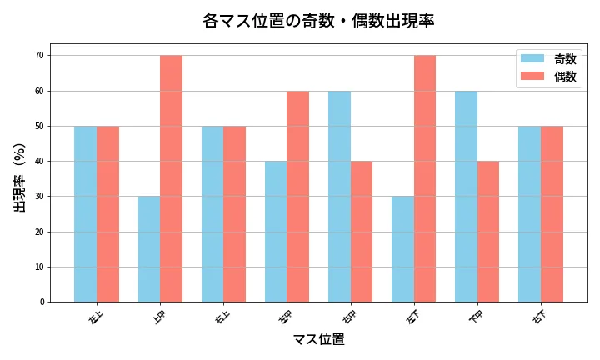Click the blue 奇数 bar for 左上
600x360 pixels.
(85, 214)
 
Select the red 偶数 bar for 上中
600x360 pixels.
(171, 179)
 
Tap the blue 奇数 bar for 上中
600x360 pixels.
(149, 249)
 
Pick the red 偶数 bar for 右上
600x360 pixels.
(234, 214)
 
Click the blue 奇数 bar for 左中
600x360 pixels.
(276, 232)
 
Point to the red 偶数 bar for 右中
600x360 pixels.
(361, 232)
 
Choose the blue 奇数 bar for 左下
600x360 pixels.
(402, 249)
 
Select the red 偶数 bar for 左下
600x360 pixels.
(424, 179)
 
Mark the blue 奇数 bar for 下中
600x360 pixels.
(466, 197)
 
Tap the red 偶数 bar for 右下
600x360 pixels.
(552, 214)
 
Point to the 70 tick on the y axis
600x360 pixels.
(40, 56)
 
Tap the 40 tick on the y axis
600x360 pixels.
(40, 162)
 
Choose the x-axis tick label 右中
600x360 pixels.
(349, 317)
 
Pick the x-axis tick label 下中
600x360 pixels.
(476, 317)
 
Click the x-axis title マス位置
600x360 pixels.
(318, 340)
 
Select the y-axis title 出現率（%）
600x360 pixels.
(20, 177)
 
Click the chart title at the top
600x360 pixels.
(318, 21)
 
